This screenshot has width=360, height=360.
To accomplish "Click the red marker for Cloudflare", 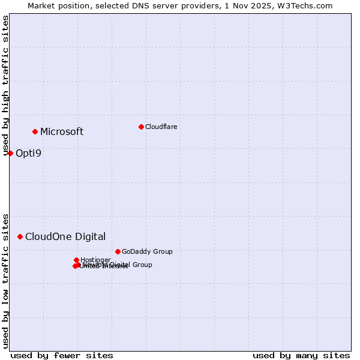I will [141, 127].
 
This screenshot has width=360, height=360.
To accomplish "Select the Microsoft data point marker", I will [35, 131].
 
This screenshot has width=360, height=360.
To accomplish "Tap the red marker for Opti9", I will [10, 153].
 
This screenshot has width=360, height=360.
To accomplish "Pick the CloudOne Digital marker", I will [20, 236].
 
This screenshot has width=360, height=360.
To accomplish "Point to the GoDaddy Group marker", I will [118, 251].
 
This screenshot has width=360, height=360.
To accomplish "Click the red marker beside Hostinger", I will [76, 260].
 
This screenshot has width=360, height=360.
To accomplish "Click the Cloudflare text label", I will [161, 127].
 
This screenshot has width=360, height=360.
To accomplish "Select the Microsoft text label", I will [62, 132].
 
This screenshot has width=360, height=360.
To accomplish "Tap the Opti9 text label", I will [28, 153].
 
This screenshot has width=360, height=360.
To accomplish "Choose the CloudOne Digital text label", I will [65, 236].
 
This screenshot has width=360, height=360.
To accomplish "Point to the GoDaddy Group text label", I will [147, 251].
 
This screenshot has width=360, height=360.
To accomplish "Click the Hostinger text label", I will [95, 260].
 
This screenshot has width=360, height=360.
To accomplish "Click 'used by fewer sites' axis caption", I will [62, 355].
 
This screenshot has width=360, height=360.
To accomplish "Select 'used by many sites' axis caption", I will [301, 355].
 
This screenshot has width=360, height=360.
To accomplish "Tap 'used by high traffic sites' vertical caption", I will [6, 85].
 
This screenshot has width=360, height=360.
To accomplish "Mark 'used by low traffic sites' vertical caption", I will [6, 281].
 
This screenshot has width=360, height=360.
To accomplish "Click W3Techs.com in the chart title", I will [309, 5].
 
